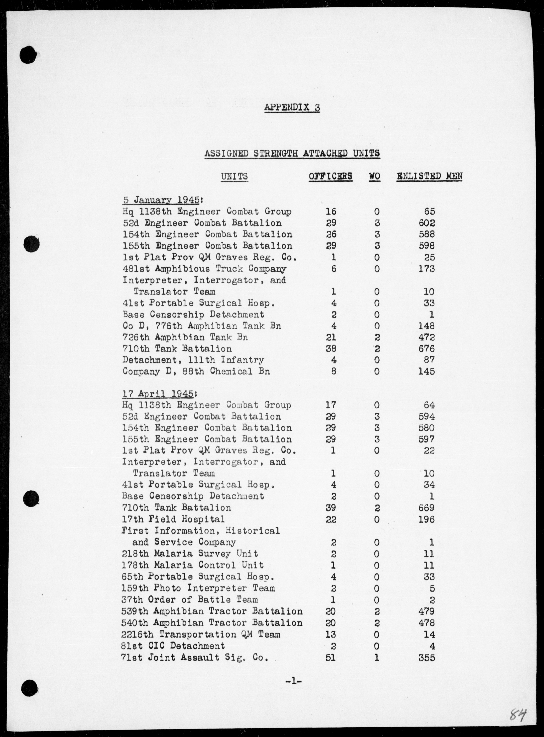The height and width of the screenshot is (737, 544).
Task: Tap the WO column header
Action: (x=374, y=176)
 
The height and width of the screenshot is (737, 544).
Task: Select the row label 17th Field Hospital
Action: (x=173, y=519)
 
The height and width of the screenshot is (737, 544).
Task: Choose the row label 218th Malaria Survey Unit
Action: (x=190, y=554)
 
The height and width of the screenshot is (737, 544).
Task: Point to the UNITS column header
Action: (x=234, y=176)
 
